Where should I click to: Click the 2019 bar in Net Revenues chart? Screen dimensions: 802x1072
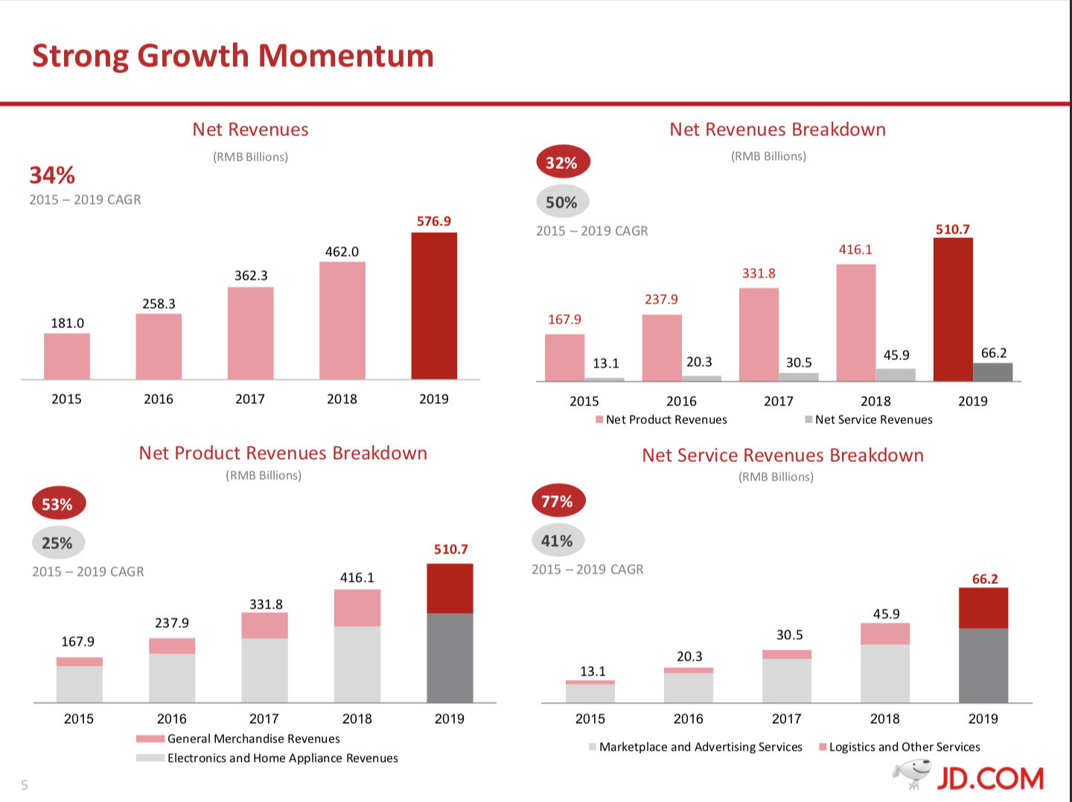[434, 306]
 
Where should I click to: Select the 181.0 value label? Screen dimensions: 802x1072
[67, 323]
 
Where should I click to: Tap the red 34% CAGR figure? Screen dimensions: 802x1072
[52, 176]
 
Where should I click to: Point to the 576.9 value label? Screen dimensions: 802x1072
[434, 221]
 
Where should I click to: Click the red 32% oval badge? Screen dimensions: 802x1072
[563, 162]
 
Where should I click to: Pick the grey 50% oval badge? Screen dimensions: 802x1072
[562, 202]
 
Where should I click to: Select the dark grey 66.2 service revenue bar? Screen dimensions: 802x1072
[992, 372]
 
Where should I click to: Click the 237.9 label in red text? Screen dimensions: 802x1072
[661, 299]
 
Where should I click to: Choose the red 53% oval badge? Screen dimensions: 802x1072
[58, 504]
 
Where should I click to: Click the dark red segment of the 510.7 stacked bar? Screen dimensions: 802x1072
[450, 588]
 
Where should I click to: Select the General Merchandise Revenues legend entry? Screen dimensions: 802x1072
[238, 739]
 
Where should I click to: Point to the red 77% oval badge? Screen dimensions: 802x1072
[558, 501]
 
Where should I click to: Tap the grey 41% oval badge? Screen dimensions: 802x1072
[558, 540]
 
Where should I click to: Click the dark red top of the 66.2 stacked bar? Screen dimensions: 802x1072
[983, 608]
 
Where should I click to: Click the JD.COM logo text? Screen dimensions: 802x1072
[989, 779]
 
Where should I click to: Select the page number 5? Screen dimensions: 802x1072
[25, 785]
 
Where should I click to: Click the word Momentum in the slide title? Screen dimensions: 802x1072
[346, 56]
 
